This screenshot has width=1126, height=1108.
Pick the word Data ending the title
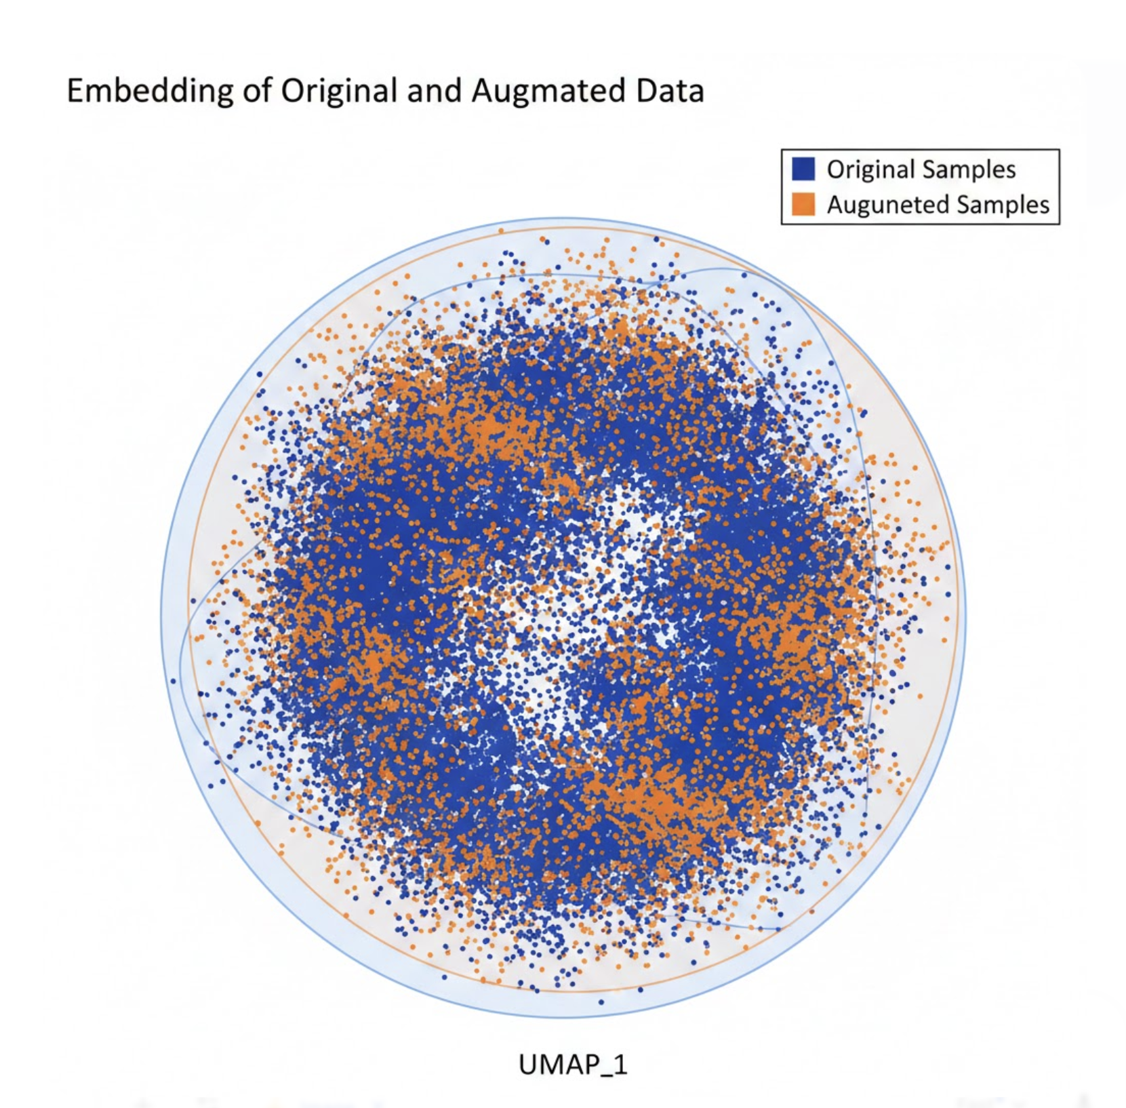coord(670,91)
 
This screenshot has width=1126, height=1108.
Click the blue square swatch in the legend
coord(803,169)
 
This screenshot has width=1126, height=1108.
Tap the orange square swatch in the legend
coord(803,204)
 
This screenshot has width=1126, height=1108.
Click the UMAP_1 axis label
coord(573,1065)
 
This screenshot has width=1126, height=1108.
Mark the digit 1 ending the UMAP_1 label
coord(621,1064)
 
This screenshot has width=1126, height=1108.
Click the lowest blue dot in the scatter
coord(601,1002)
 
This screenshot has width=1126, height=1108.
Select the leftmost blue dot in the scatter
coord(174,681)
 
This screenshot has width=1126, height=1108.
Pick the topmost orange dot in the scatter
coord(543,239)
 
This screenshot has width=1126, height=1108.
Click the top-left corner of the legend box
coord(782,150)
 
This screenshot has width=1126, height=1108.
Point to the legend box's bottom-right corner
coord(1060,224)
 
